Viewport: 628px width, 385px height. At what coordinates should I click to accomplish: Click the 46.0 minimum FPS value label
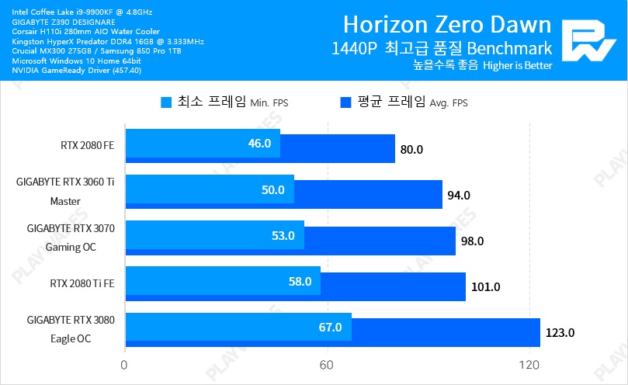pos(258,144)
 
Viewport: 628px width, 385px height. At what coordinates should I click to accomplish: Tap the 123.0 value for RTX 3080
pos(560,333)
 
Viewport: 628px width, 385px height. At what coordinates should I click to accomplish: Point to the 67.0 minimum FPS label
pos(330,328)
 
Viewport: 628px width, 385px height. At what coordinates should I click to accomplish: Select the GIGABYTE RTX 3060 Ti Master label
pos(65,192)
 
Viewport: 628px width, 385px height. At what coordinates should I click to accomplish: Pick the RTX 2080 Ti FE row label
pos(82,283)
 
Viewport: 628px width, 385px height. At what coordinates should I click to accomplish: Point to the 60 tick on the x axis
pos(327,365)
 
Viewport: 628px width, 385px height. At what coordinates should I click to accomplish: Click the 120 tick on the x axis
pos(529,365)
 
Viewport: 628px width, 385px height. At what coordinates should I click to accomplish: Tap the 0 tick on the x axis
pos(124,365)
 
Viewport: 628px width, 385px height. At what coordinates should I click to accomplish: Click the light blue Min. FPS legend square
pos(166,102)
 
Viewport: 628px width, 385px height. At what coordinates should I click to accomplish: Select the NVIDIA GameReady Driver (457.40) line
pos(76,71)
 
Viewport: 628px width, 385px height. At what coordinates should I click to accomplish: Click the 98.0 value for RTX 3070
pos(472,241)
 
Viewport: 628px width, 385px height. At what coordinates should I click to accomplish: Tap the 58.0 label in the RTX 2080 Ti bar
pos(300,282)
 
